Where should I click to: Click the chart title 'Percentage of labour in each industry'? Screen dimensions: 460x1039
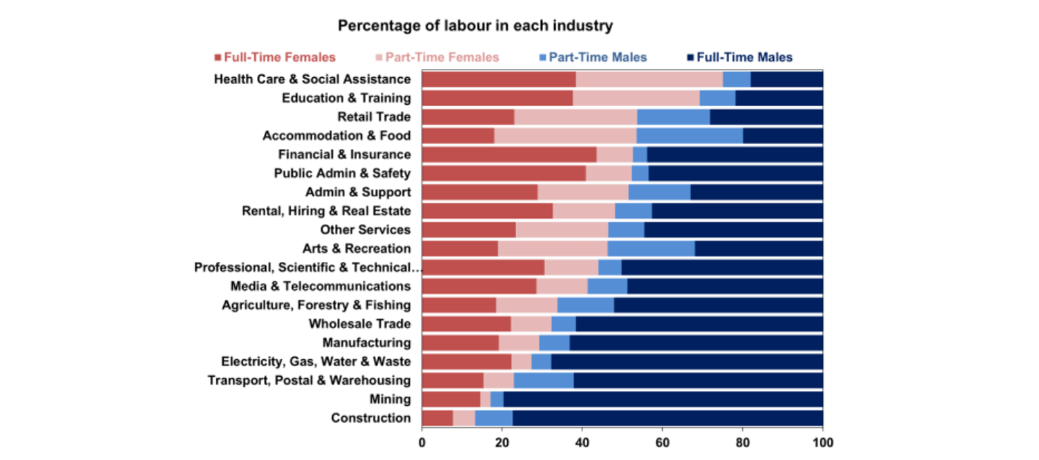(x=475, y=26)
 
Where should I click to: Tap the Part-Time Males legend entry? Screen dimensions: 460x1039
(x=593, y=57)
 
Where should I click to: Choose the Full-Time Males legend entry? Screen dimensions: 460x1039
(x=739, y=57)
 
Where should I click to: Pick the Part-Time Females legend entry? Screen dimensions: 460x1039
(x=436, y=57)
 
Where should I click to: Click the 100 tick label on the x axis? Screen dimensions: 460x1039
(x=823, y=443)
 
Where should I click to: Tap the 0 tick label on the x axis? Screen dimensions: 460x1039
(x=422, y=443)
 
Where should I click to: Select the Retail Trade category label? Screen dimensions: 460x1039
(x=374, y=117)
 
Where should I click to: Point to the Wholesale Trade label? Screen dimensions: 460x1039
(x=359, y=323)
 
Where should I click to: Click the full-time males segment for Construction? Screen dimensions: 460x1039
(x=668, y=418)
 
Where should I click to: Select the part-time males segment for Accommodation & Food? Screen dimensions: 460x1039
(x=689, y=136)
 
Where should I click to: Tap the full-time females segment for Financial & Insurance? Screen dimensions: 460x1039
(x=509, y=155)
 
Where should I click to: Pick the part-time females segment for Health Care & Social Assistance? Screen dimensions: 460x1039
(x=649, y=79)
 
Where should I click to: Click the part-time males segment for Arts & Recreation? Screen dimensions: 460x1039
(x=651, y=248)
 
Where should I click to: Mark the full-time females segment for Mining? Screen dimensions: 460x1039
(x=451, y=399)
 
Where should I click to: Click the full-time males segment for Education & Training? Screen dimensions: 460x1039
(x=779, y=98)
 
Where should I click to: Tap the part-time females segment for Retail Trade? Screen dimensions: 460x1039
(x=575, y=117)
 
